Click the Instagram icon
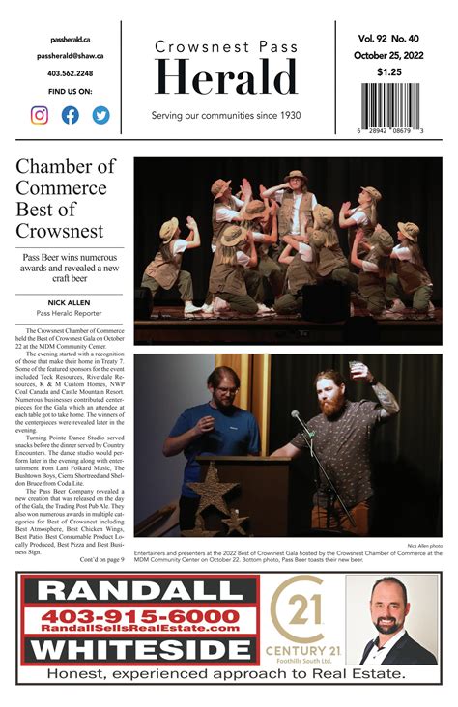coord(40,115)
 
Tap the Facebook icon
coord(70,115)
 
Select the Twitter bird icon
coord(100,115)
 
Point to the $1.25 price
coord(390,71)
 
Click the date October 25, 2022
coord(390,55)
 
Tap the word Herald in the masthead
coord(226,79)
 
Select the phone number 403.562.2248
coord(70,73)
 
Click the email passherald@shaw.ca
coord(70,56)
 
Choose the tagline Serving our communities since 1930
coord(226,116)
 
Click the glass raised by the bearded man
coord(358,371)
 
